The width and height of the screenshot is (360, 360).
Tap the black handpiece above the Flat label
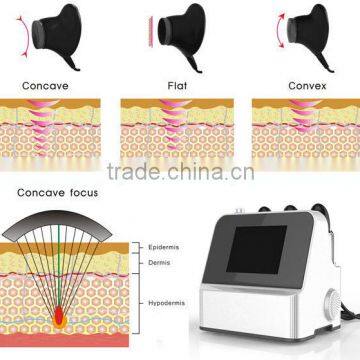click(185, 38)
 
